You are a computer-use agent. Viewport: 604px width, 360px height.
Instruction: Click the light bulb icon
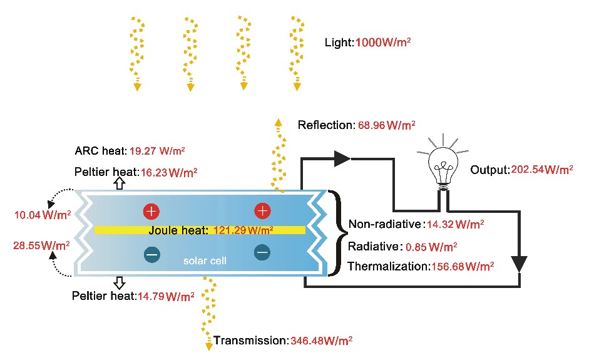point(444,165)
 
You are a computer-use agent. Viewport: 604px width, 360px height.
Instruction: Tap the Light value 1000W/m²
point(383,43)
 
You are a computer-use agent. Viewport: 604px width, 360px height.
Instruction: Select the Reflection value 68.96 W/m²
point(386,125)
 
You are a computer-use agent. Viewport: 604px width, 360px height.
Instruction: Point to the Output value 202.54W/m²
point(542,170)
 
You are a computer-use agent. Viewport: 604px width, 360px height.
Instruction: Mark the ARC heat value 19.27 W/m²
point(157,151)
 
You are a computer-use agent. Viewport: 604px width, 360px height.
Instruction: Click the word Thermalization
point(387,266)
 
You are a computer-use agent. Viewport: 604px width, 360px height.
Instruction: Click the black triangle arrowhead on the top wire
point(341,159)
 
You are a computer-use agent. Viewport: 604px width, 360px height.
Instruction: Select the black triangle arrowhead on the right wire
point(519,264)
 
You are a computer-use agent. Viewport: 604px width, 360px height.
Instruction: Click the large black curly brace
point(336,233)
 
